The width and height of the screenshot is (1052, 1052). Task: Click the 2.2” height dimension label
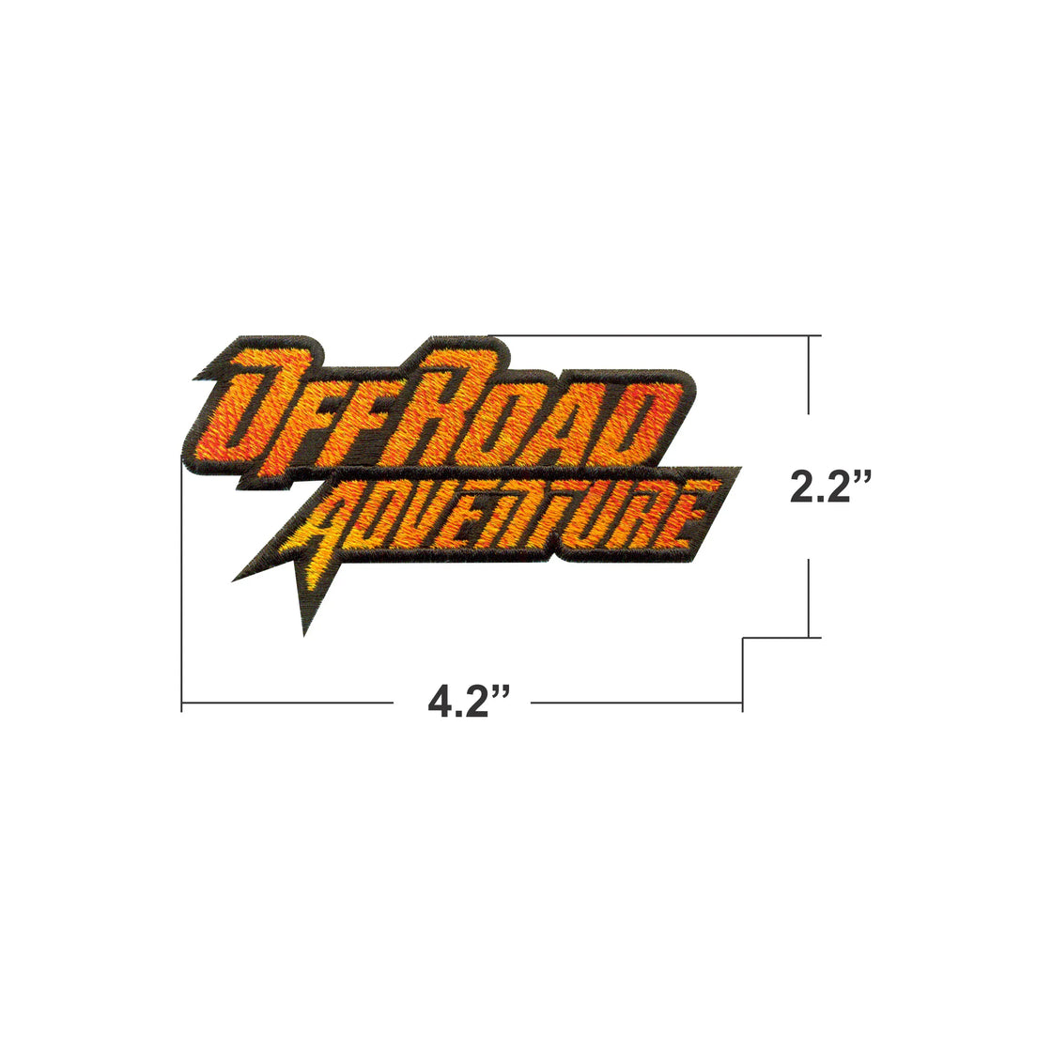coord(830,487)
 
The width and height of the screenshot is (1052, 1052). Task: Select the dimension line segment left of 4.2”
coord(287,703)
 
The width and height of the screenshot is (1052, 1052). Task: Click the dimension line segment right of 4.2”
coord(637,703)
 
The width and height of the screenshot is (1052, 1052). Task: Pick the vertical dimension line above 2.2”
coord(809,375)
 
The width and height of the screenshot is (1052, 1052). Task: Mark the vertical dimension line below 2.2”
coord(809,597)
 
